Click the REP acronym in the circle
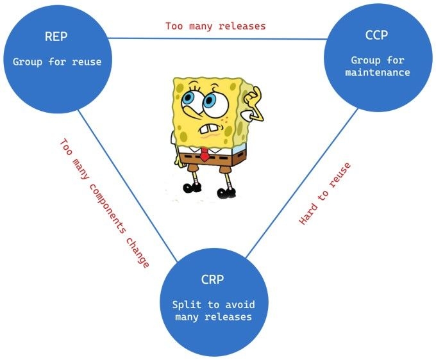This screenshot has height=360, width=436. pyautogui.click(x=56, y=37)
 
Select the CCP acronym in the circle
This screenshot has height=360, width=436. pyautogui.click(x=376, y=35)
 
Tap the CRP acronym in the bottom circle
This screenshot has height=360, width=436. pyautogui.click(x=212, y=279)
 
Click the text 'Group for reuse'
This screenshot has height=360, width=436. pyautogui.click(x=57, y=61)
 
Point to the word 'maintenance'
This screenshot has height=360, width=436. pyautogui.click(x=378, y=73)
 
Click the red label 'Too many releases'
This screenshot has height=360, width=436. pyautogui.click(x=216, y=26)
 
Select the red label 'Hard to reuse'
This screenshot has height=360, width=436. pyautogui.click(x=325, y=193)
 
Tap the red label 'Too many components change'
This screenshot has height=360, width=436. pyautogui.click(x=105, y=204)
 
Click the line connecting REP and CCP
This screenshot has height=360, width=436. pyautogui.click(x=218, y=38)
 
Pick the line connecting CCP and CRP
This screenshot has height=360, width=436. pyautogui.click(x=302, y=183)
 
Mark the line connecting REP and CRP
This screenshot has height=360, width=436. pyautogui.click(x=128, y=186)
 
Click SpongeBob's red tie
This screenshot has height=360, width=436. pyautogui.click(x=205, y=155)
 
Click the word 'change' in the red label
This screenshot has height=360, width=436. pyautogui.click(x=138, y=253)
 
